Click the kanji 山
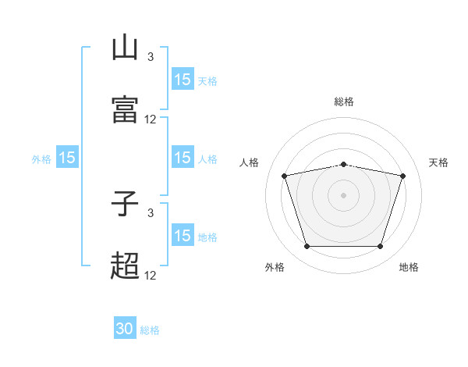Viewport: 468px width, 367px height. point(125,48)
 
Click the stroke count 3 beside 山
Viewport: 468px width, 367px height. point(151,57)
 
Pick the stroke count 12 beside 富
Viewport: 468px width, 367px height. point(151,119)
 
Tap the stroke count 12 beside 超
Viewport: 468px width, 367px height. point(151,276)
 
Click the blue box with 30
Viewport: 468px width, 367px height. point(125,329)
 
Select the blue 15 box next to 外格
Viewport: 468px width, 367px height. point(67,158)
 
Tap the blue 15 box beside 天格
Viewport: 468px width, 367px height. point(183,80)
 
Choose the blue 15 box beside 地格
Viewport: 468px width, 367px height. point(183,236)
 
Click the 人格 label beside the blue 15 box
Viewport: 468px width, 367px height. point(207,159)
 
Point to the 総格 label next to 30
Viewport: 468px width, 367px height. point(150,330)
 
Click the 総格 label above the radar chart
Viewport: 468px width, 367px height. point(344,102)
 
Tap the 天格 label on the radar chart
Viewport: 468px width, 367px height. point(439,162)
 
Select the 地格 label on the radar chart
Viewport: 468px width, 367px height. point(409,267)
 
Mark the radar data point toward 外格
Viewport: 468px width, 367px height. point(307,247)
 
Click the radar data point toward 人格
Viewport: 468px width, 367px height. point(284,176)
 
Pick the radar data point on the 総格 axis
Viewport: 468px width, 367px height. point(344,164)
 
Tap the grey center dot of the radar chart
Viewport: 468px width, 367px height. point(344,195)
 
